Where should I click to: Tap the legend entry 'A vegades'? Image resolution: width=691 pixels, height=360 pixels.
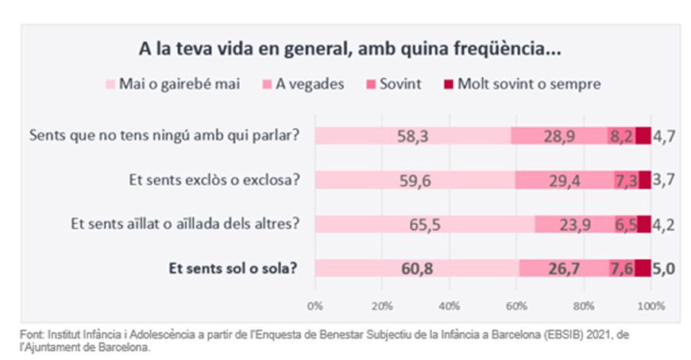click(x=310, y=83)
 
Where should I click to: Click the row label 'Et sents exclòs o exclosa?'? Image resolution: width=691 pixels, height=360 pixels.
click(x=214, y=180)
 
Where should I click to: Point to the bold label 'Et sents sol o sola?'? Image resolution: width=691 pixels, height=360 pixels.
click(x=234, y=269)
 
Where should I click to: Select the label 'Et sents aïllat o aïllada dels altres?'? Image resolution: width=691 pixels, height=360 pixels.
click(x=183, y=225)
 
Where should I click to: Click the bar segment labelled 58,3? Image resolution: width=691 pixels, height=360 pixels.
click(x=412, y=137)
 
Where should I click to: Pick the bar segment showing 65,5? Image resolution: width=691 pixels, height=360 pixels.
click(x=424, y=225)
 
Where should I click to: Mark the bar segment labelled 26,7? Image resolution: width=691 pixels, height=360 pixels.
click(x=564, y=269)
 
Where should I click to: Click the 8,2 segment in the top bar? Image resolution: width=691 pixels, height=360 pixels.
click(x=621, y=137)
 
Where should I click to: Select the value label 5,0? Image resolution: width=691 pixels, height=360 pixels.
click(x=664, y=269)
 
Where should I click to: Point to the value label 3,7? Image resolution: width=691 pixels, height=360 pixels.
click(x=664, y=180)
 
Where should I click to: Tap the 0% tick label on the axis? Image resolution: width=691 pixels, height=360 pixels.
click(x=315, y=305)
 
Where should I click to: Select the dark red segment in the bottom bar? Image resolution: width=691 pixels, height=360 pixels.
click(x=643, y=269)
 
